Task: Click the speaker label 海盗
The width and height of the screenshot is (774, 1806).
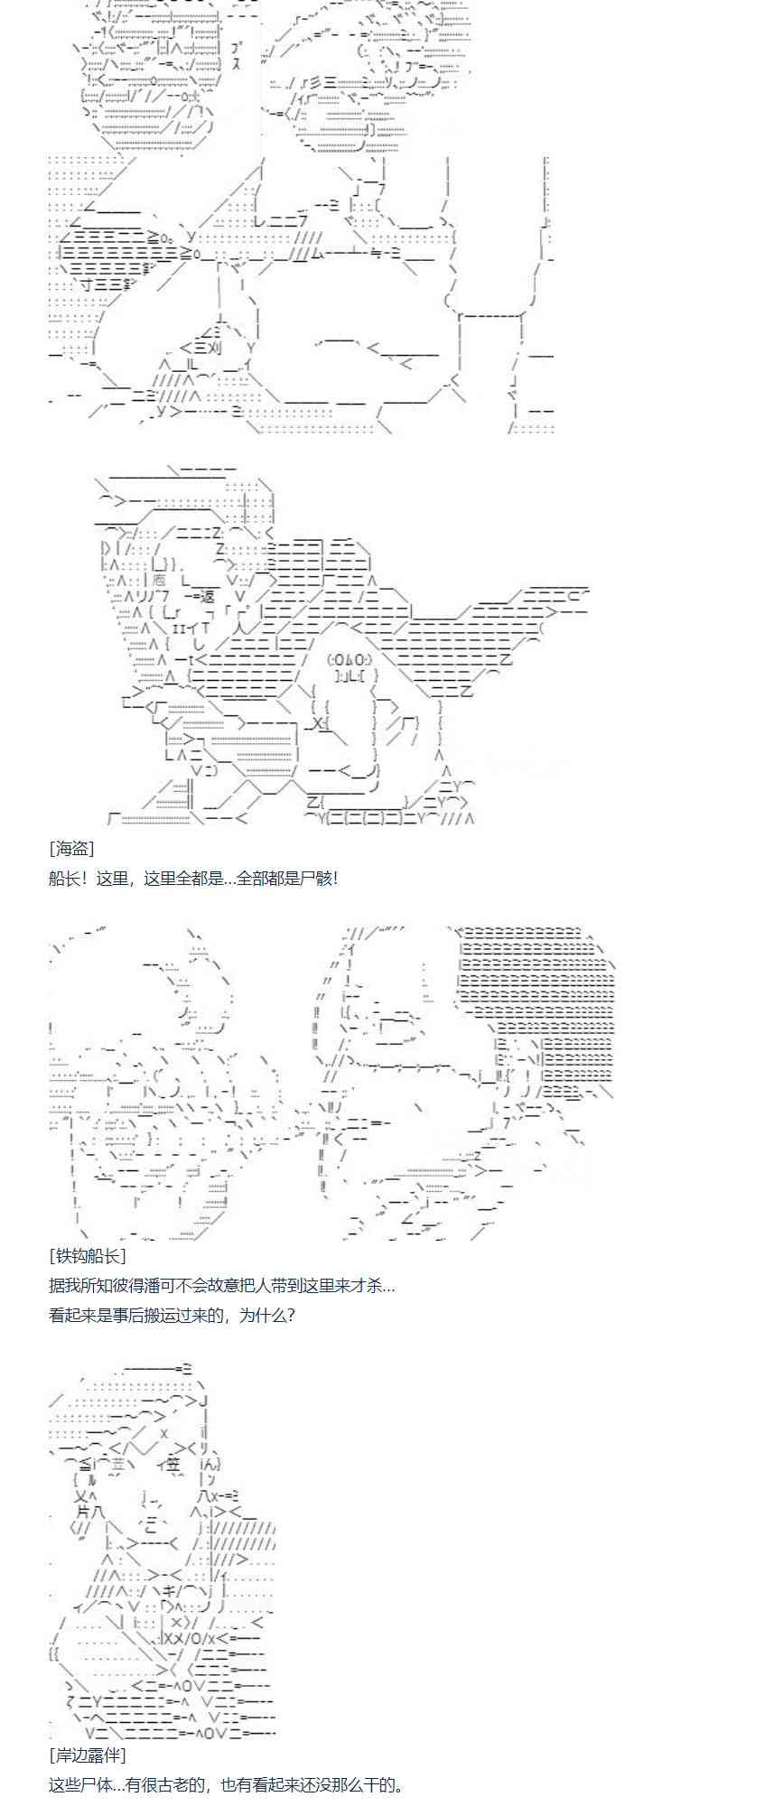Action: click(x=71, y=848)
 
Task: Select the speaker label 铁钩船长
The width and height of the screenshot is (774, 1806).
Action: click(x=87, y=1255)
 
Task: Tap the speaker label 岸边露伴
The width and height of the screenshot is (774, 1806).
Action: click(x=87, y=1755)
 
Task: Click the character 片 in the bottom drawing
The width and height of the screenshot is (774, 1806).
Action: click(x=85, y=1509)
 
